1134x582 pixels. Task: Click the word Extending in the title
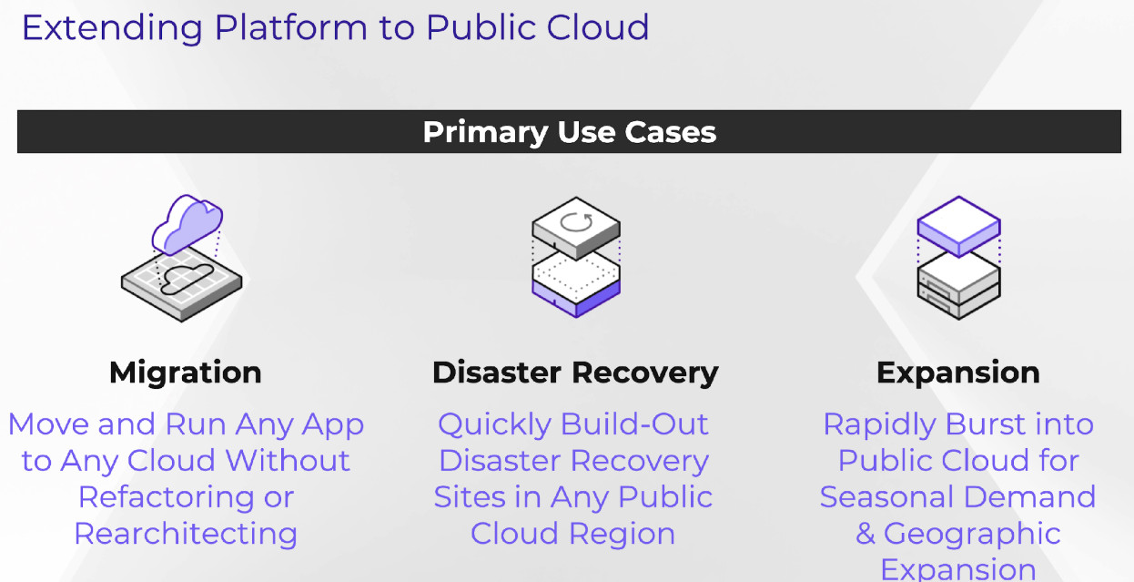coord(112,28)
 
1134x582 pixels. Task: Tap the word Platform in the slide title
coord(290,27)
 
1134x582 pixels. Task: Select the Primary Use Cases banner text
coord(570,133)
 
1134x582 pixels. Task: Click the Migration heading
coord(186,373)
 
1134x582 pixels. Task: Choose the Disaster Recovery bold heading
coord(575,373)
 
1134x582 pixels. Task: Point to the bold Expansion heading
coord(958,373)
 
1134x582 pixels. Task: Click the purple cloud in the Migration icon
coord(187,224)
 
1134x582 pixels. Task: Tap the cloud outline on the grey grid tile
coord(187,279)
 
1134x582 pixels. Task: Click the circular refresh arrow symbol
coord(576,222)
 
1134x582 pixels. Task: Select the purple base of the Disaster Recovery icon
coord(576,297)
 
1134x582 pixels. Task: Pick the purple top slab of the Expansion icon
coord(959,227)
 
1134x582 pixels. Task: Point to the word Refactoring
coord(166,498)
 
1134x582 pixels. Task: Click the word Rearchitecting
coord(186,535)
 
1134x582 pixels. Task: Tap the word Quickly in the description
coord(494,425)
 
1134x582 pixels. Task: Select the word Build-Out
coord(635,424)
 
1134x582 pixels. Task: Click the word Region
coord(623,535)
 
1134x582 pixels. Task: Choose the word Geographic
coord(972,535)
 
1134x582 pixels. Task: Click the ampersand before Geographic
coord(866,534)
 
